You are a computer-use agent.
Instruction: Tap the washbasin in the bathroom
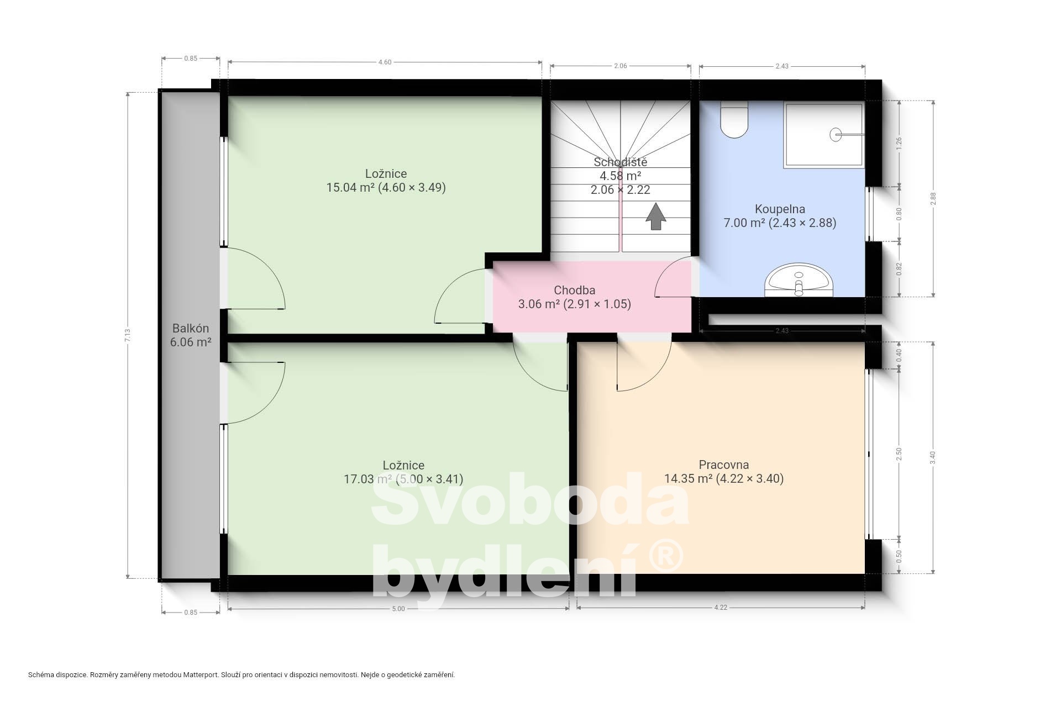798,280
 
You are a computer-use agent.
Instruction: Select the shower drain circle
836,134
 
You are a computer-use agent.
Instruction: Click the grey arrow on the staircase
656,216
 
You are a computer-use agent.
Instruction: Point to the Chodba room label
575,290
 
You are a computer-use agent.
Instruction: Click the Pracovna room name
724,465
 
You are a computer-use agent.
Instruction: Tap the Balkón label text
191,328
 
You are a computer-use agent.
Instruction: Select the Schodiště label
621,162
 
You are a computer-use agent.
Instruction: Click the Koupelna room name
780,209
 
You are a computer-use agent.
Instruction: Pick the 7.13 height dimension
128,335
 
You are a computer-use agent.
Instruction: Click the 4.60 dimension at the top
385,62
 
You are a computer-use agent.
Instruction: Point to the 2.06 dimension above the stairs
621,66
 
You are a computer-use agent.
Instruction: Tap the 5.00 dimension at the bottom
398,609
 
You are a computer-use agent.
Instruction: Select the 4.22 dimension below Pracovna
721,607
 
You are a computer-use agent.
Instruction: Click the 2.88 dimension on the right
933,199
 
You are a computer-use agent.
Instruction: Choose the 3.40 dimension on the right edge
933,458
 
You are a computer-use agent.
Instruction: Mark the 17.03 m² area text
368,479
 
